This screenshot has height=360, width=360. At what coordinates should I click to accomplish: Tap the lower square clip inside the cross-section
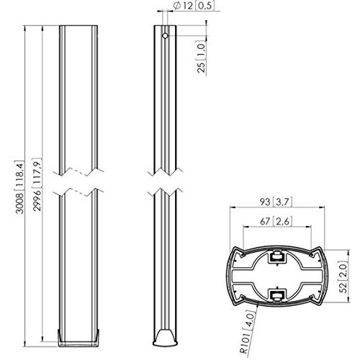(x=276, y=293)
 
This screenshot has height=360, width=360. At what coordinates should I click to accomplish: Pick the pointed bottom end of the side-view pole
(x=166, y=338)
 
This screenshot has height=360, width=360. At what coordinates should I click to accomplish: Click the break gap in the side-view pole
(x=166, y=181)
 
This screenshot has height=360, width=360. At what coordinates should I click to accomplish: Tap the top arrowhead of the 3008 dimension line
(x=28, y=30)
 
